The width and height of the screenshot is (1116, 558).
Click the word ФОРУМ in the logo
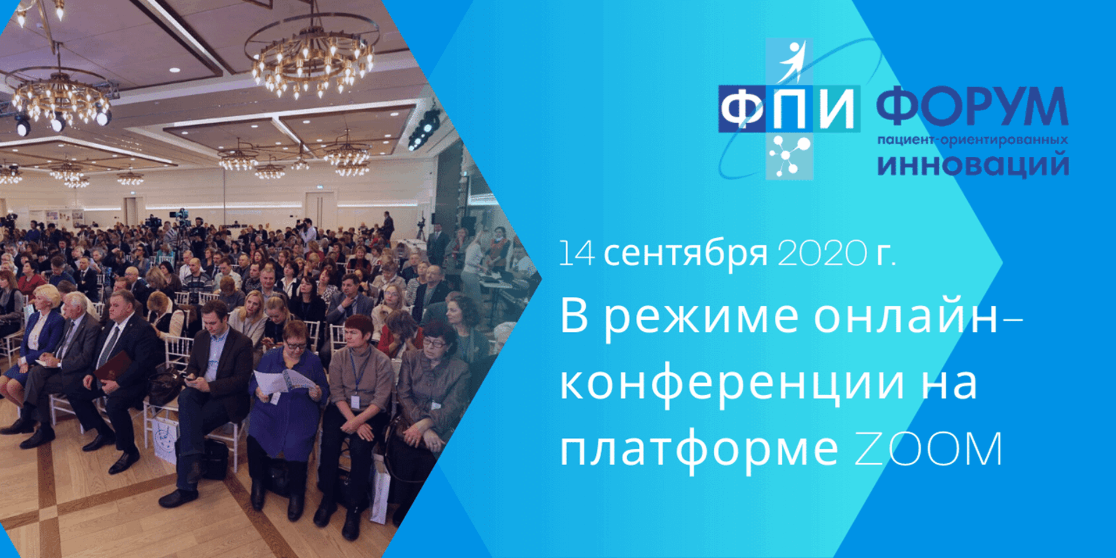(972, 107)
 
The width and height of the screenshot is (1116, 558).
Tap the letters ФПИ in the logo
(789, 109)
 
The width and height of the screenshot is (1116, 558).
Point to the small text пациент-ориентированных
(972, 140)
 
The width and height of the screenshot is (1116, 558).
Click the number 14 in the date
(576, 253)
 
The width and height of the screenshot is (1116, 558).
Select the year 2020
(822, 253)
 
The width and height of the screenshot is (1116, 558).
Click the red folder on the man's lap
(113, 366)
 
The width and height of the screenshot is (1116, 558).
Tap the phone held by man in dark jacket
(190, 378)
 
